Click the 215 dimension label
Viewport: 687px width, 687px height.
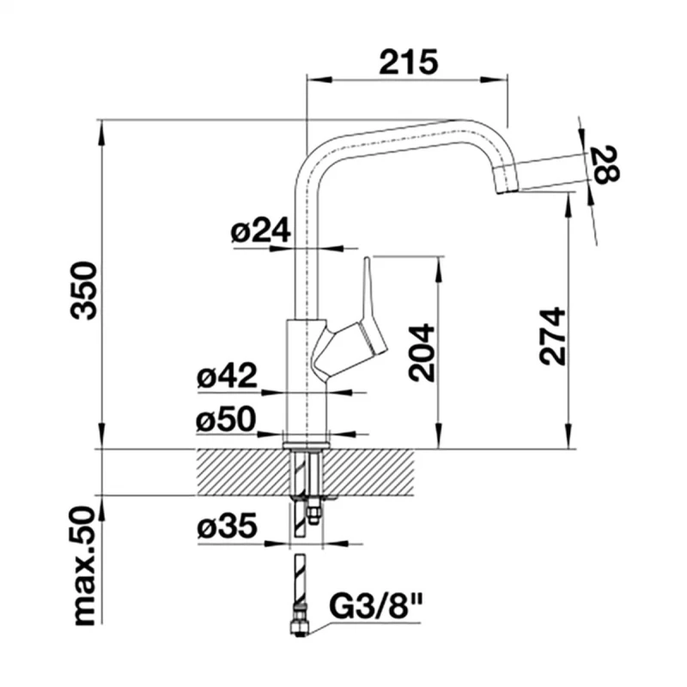pyautogui.click(x=409, y=62)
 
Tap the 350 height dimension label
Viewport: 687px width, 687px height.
pyautogui.click(x=84, y=291)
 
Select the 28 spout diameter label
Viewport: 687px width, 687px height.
pyautogui.click(x=605, y=165)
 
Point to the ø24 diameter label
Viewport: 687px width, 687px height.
pyautogui.click(x=261, y=230)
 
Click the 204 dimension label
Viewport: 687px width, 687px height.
pyautogui.click(x=422, y=353)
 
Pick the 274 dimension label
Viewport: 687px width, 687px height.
pyautogui.click(x=552, y=336)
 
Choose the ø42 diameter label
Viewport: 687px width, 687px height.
pyautogui.click(x=227, y=376)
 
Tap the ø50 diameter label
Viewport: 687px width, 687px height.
pyautogui.click(x=226, y=419)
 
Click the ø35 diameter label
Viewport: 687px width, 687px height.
pyautogui.click(x=227, y=526)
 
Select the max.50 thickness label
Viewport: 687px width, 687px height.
pyautogui.click(x=84, y=566)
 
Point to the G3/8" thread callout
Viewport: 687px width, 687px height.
pyautogui.click(x=375, y=604)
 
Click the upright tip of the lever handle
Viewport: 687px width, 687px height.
pyautogui.click(x=368, y=260)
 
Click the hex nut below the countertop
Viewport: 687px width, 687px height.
pyautogui.click(x=313, y=514)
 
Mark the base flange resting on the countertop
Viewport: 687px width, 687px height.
pyautogui.click(x=306, y=445)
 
